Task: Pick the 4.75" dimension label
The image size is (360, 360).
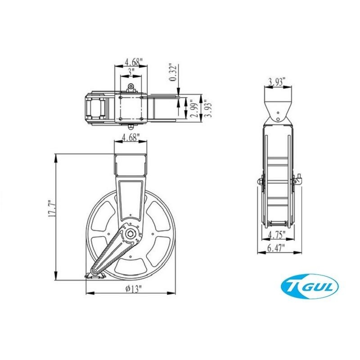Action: pyautogui.click(x=277, y=234)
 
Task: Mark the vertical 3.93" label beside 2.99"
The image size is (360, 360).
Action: pyautogui.click(x=207, y=108)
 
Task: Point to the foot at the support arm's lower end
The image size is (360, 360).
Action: pyautogui.click(x=94, y=275)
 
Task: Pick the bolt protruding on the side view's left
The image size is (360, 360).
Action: pyautogui.click(x=260, y=181)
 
